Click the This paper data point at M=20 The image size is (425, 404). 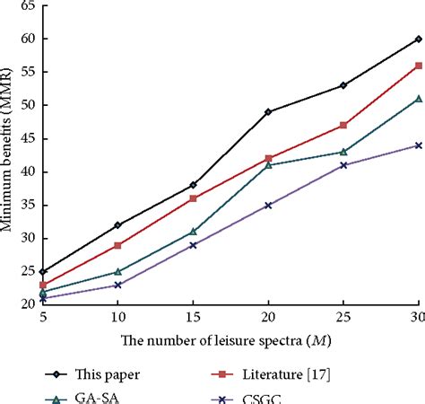click(268, 112)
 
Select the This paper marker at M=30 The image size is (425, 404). click(418, 39)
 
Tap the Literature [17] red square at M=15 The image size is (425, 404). click(193, 198)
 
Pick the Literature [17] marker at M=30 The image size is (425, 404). click(418, 66)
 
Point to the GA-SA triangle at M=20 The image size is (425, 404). click(268, 165)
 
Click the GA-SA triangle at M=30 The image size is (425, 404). click(418, 99)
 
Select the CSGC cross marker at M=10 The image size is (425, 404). click(117, 285)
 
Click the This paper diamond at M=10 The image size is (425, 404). click(117, 224)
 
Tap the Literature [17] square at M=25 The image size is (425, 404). click(343, 126)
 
